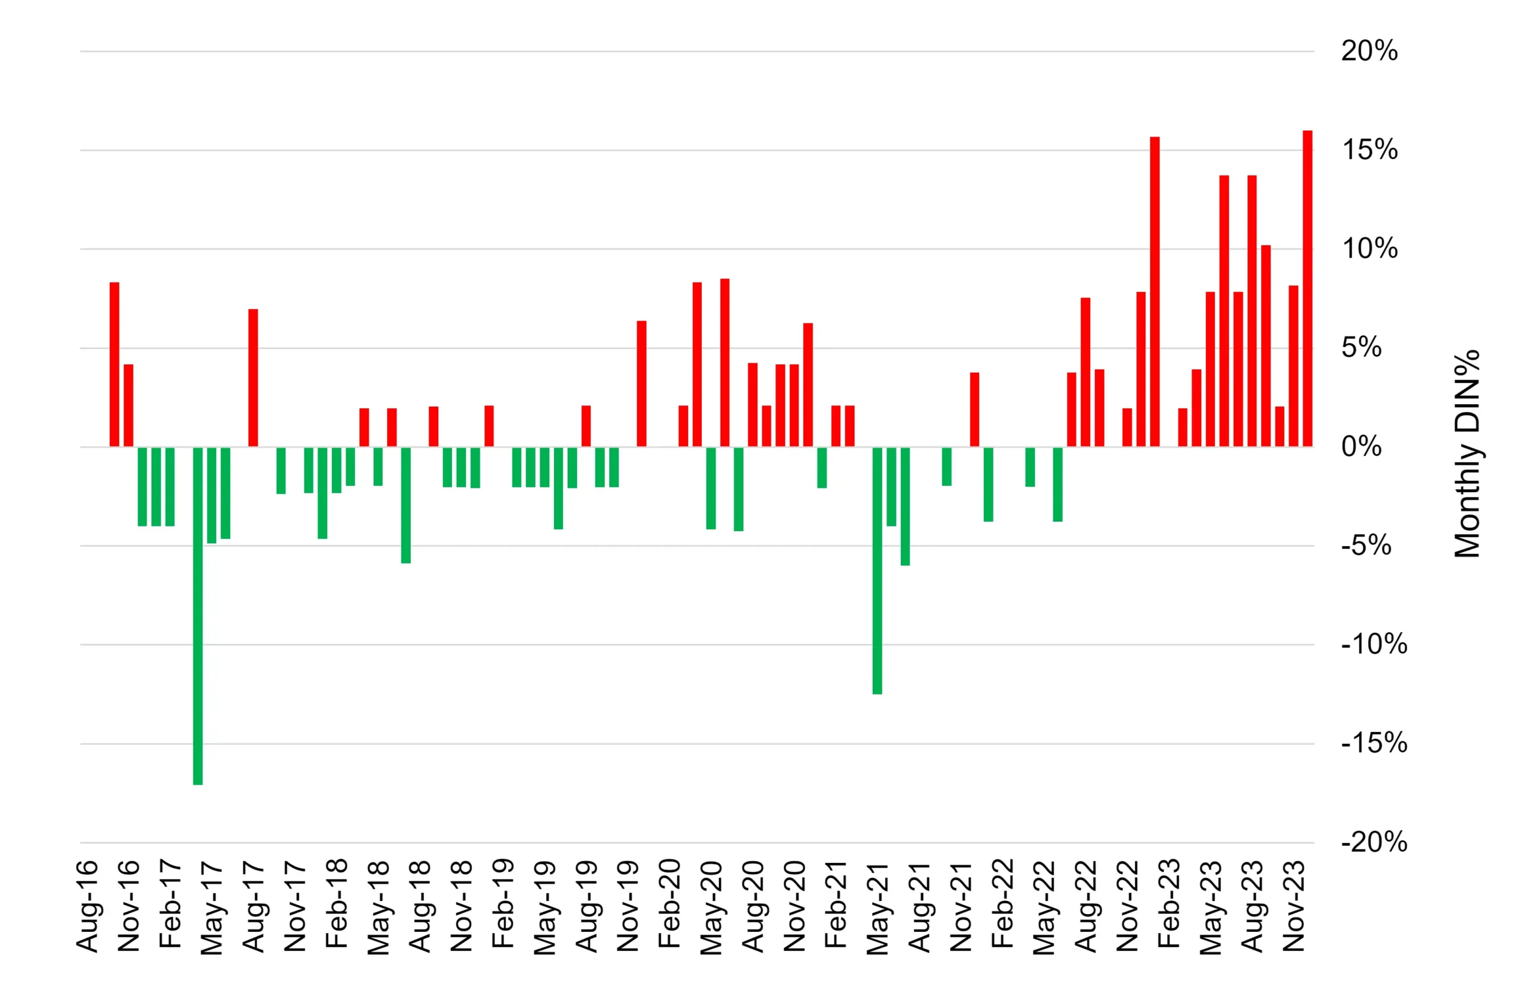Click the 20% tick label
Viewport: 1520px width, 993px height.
pos(1369,51)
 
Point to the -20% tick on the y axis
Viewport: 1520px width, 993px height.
pos(1374,842)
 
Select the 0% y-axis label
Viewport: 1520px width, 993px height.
pos(1361,447)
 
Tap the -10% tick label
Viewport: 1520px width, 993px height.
pos(1374,645)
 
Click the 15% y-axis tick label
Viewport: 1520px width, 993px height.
pos(1369,150)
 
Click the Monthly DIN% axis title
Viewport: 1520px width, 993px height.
pos(1467,453)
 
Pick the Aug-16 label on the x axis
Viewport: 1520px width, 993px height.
pos(87,906)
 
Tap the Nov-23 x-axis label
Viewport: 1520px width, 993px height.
pos(1294,906)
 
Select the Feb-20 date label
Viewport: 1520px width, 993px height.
pos(669,903)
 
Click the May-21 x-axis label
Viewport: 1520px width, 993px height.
pos(878,908)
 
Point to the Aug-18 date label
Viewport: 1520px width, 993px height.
pos(420,906)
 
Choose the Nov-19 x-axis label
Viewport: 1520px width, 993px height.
pos(628,906)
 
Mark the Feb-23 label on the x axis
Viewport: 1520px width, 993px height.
pos(1168,903)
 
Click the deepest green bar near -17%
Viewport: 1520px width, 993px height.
pos(198,616)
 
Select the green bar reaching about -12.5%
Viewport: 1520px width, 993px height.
pos(878,570)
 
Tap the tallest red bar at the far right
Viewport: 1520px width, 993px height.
pos(1307,288)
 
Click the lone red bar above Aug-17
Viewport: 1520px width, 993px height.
pos(253,378)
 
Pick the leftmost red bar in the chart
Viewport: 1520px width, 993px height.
pos(115,364)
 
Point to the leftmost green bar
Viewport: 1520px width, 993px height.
pos(142,487)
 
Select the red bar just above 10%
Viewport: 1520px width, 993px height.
pos(1266,346)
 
